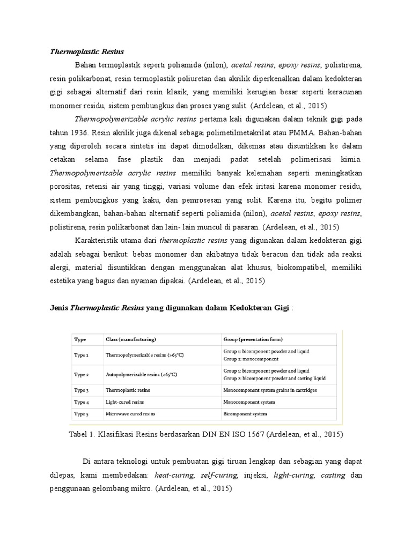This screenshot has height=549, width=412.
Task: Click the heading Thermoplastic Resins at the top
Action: coord(87,51)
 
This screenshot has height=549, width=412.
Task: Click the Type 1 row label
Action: coord(82,354)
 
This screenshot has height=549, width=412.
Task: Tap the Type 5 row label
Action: coord(82,414)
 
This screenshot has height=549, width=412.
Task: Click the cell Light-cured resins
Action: coord(125,402)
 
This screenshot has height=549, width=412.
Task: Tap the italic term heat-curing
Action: coord(174,474)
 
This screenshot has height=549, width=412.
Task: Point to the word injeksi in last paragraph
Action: coord(255,474)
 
